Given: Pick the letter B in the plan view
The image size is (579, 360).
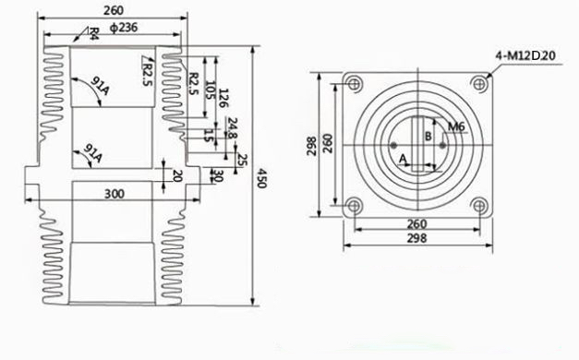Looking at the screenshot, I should click(426, 137).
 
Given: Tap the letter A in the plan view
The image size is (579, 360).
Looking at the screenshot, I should click(403, 159).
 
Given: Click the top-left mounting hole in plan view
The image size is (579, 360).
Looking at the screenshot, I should click(354, 85).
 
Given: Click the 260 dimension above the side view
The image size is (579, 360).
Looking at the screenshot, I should click(115, 11).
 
